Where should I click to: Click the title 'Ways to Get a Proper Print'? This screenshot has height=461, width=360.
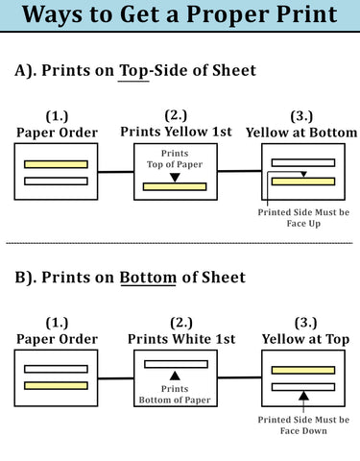click(x=180, y=15)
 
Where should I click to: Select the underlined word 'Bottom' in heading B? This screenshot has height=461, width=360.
click(x=149, y=278)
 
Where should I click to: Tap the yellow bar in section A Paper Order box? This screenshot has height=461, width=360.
click(x=56, y=164)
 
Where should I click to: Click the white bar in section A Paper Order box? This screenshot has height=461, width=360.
click(x=56, y=180)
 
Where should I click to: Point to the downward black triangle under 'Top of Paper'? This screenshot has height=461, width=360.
click(x=175, y=176)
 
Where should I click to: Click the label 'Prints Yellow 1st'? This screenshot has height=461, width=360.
click(x=175, y=131)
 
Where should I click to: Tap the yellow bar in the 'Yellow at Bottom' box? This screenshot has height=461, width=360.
click(x=302, y=181)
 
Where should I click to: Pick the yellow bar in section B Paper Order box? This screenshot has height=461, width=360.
click(x=56, y=384)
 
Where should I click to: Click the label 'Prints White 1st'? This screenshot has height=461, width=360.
click(x=175, y=339)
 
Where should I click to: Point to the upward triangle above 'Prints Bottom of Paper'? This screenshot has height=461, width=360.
click(x=175, y=376)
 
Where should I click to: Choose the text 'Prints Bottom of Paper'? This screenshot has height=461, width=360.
click(x=175, y=395)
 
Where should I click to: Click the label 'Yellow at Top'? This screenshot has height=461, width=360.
click(x=304, y=339)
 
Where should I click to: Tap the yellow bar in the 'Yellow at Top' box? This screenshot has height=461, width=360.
click(x=302, y=370)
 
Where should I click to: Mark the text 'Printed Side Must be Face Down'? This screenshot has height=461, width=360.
click(x=303, y=425)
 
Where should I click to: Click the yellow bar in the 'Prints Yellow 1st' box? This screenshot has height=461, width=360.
click(x=175, y=186)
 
